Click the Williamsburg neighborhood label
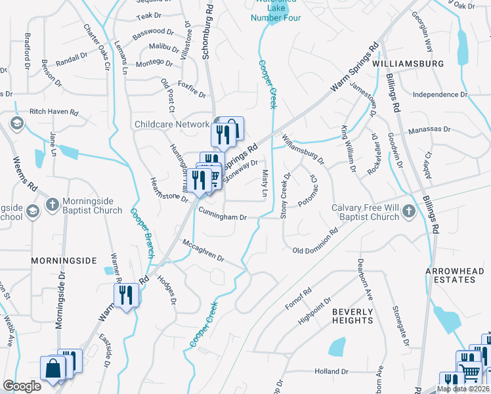tap(407, 64)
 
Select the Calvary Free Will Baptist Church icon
tap(409, 211)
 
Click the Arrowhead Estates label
tap(450, 275)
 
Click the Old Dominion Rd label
tap(315, 250)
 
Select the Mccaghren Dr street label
tap(203, 251)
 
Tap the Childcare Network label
tap(172, 124)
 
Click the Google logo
tap(22, 386)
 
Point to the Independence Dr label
tap(440, 95)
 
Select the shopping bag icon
tap(53, 368)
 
